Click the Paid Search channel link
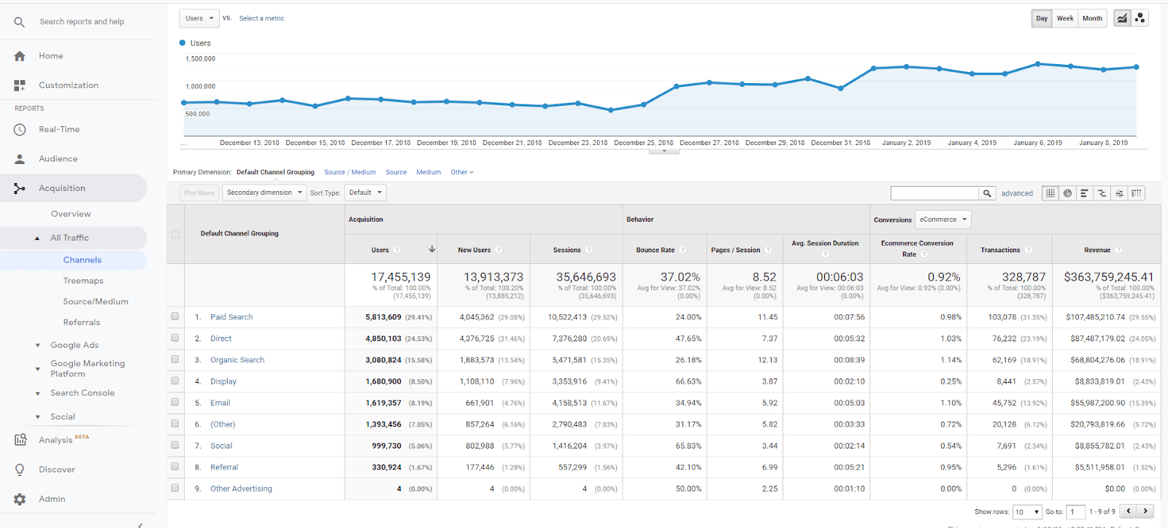click(231, 317)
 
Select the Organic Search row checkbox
click(175, 360)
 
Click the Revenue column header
click(1096, 250)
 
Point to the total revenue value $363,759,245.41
click(1108, 277)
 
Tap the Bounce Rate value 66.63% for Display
click(688, 381)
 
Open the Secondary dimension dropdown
click(264, 193)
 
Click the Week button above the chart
click(1065, 18)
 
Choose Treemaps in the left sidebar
click(83, 281)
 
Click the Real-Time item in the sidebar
click(59, 130)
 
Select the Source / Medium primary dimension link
click(350, 172)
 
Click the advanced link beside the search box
click(1016, 193)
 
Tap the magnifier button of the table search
click(987, 193)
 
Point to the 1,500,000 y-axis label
click(200, 59)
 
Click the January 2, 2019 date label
click(906, 143)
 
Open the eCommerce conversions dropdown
click(943, 220)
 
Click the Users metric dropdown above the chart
click(199, 18)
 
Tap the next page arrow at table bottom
click(1145, 511)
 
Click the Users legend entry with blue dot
click(195, 43)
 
